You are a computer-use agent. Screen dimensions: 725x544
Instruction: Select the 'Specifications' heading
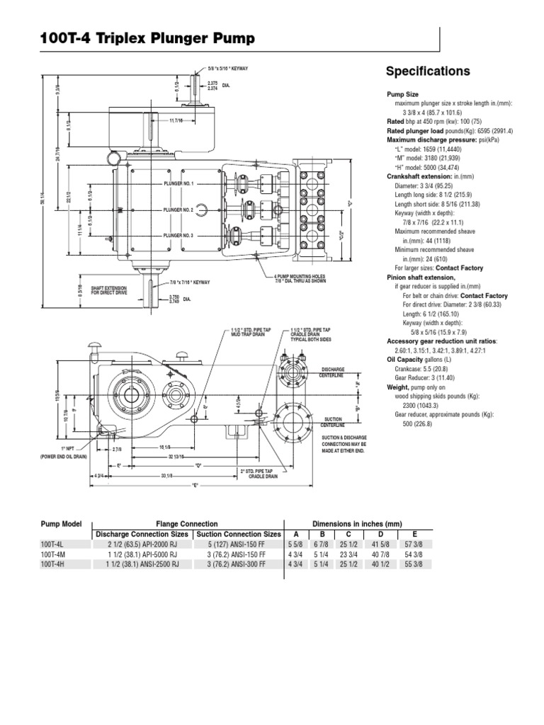pyautogui.click(x=427, y=72)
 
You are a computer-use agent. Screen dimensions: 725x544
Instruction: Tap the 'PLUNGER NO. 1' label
pyautogui.click(x=178, y=183)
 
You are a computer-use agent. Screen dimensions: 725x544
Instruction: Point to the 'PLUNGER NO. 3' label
pyautogui.click(x=178, y=235)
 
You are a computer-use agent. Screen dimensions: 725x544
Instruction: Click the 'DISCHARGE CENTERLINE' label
pyautogui.click(x=332, y=372)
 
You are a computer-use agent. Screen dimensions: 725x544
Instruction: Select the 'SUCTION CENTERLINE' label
pyautogui.click(x=333, y=422)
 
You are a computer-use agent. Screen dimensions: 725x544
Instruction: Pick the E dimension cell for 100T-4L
pyautogui.click(x=414, y=544)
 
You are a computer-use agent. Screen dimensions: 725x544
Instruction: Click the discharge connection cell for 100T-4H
pyautogui.click(x=141, y=564)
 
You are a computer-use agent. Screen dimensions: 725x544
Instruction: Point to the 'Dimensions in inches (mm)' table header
pyautogui.click(x=362, y=523)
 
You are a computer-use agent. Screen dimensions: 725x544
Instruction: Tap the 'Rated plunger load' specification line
pyautogui.click(x=449, y=131)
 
